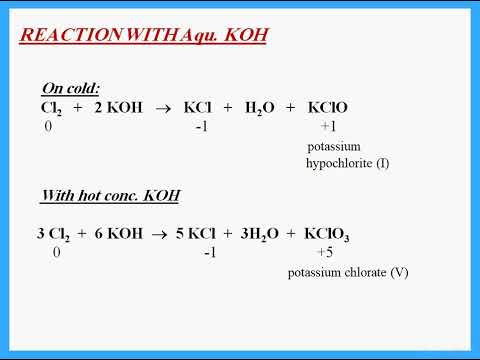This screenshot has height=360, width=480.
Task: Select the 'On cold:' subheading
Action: (x=70, y=88)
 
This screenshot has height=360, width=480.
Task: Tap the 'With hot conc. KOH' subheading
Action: (x=98, y=195)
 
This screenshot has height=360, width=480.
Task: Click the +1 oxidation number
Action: (x=328, y=127)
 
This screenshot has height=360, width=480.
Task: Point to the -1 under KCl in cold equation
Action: (x=202, y=127)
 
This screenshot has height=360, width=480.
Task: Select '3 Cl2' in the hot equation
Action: (x=54, y=235)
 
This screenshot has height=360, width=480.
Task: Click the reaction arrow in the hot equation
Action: (x=160, y=234)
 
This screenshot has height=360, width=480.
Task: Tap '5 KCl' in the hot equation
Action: (x=203, y=234)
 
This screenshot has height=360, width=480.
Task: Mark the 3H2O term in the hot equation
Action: (x=264, y=235)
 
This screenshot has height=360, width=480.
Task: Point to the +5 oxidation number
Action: (x=323, y=253)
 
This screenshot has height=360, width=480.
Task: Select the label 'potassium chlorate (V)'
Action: (x=347, y=272)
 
